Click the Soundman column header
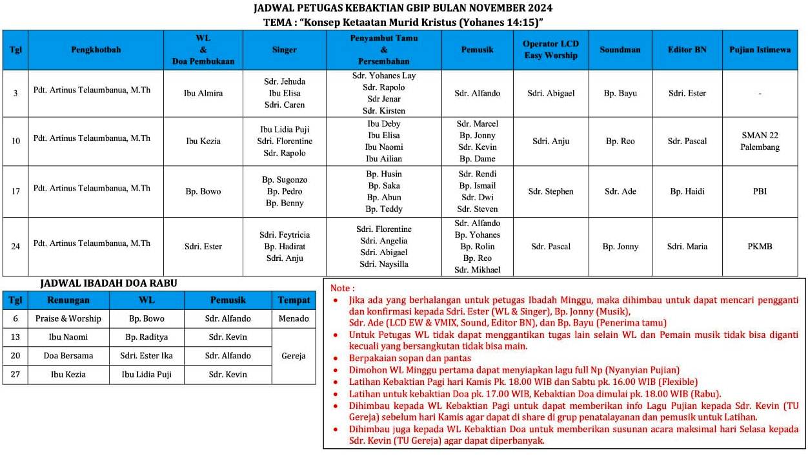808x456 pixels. coord(620,50)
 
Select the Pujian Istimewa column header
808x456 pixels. coord(760,50)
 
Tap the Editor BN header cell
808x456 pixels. coord(687,50)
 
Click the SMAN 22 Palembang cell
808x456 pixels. coord(760,141)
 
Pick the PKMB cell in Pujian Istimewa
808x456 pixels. coord(760,246)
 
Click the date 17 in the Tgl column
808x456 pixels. coord(15,191)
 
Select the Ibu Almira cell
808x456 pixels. coord(203,93)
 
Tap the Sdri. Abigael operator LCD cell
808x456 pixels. coord(550,93)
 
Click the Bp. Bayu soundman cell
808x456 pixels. coord(620,93)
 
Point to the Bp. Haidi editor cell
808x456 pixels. coord(687,191)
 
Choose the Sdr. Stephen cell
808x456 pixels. coord(550,191)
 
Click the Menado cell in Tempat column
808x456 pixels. coord(294,318)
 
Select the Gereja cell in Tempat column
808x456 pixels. coord(294,356)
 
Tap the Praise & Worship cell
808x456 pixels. coord(68,318)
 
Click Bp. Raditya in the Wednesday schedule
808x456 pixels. coord(146,337)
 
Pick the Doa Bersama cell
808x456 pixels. coord(68,356)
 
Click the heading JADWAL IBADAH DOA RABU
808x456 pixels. coord(108,283)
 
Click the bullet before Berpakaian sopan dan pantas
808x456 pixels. coord(334,358)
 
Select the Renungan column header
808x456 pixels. coord(68,300)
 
